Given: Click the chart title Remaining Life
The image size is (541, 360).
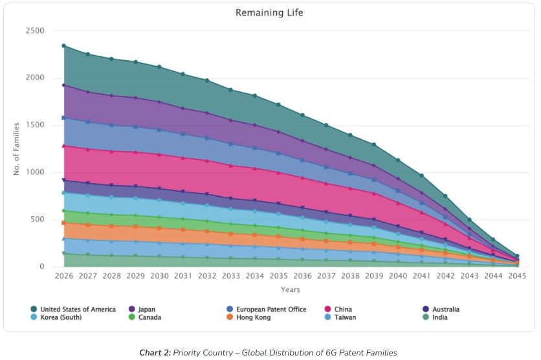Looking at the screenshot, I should [269, 13].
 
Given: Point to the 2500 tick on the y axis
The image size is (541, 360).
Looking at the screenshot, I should [35, 31].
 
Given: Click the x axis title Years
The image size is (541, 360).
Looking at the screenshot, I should [290, 289].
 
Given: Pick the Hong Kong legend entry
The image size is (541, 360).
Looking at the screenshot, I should [252, 317].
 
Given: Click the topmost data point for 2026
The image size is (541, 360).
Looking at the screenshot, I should [63, 46].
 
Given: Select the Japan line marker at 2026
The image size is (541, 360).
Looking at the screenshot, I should [63, 85].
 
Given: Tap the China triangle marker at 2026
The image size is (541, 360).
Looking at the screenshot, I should [63, 146].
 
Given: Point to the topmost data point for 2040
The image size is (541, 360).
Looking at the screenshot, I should [398, 160].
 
